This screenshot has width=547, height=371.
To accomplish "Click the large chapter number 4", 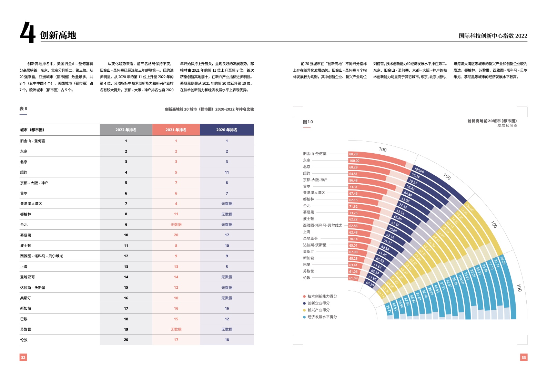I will click(28, 32).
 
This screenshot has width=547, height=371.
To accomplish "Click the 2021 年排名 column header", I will click(176, 130).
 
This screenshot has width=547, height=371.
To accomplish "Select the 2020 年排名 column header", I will click(227, 130).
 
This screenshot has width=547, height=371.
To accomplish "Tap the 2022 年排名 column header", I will click(126, 130).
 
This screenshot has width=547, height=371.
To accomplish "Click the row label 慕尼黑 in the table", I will click(26, 235).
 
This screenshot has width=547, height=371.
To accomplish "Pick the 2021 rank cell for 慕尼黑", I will click(176, 235).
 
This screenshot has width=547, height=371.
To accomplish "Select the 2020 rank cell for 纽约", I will click(227, 172).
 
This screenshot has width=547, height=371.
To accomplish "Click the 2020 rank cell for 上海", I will click(227, 267).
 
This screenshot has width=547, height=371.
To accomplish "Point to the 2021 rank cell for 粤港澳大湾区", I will click(176, 204).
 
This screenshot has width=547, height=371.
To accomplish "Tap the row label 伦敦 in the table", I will click(24, 340).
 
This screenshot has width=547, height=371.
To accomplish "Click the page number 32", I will click(23, 358).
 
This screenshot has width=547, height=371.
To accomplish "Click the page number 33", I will click(524, 358).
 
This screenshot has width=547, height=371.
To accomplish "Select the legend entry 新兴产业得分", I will click(318, 310).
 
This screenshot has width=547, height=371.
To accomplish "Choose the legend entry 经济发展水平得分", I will click(322, 317).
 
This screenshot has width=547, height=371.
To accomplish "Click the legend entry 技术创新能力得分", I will click(322, 296).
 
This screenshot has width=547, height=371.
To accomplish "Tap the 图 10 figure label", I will click(308, 122).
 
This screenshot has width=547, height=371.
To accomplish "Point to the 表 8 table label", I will click(23, 109).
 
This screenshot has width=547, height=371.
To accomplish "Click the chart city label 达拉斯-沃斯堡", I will click(314, 245).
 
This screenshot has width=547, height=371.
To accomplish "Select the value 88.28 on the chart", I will click(353, 154).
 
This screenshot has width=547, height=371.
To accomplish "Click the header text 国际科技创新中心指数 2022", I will click(493, 36).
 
